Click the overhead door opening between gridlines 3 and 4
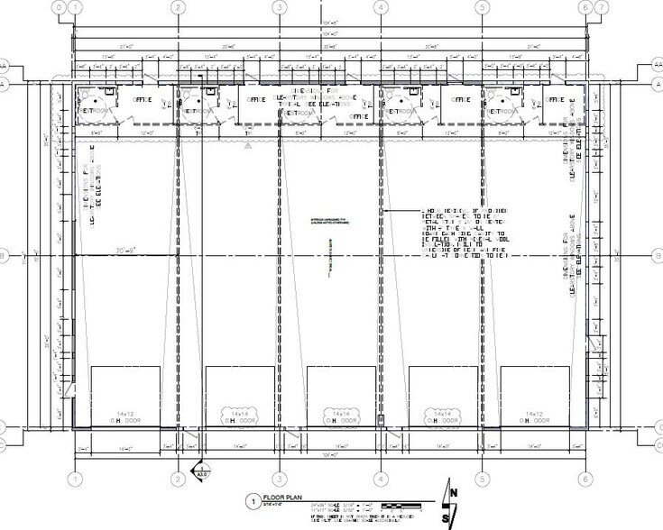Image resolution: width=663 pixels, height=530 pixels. pyautogui.click(x=341, y=397)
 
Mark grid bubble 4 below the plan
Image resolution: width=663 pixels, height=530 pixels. pyautogui.click(x=382, y=479)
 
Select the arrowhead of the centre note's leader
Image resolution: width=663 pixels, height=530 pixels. pyautogui.click(x=384, y=210)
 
